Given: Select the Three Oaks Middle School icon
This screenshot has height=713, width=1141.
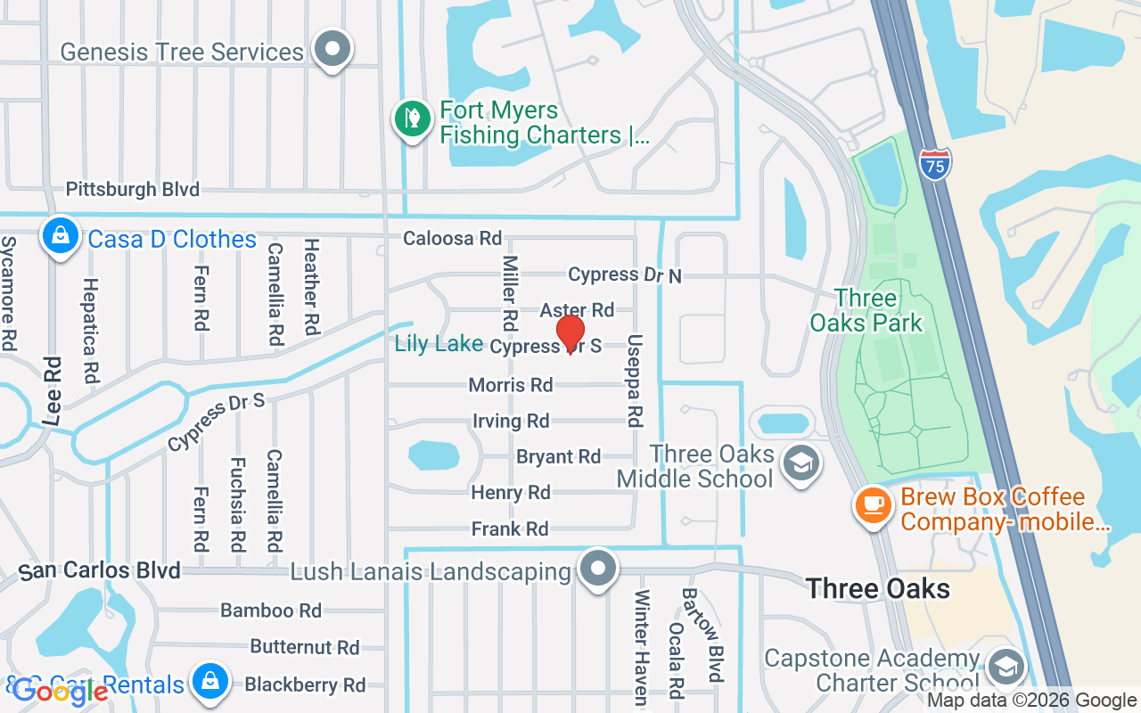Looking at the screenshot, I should tap(800, 463).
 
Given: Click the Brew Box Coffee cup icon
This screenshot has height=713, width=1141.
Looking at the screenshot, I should tap(874, 505).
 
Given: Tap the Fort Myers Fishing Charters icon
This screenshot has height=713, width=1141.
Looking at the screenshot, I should tap(412, 119).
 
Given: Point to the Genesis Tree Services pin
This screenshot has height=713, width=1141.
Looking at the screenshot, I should tap(334, 48).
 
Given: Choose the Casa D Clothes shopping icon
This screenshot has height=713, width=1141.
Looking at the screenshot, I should tap(59, 237).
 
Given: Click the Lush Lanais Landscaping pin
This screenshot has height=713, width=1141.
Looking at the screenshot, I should tap(599, 568).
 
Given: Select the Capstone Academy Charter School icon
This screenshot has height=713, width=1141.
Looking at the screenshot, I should tap(1006, 666).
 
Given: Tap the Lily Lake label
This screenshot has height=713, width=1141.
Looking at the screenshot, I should tap(439, 344).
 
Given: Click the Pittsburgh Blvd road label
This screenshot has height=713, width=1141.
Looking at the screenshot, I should tap(133, 189).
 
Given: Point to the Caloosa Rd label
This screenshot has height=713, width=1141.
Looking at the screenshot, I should tap(453, 238).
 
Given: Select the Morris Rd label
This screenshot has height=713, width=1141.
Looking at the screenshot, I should tap(511, 385).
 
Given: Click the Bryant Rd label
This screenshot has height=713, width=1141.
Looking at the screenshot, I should tap(559, 456).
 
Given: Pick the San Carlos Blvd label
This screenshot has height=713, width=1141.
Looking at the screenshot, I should tap(100, 570).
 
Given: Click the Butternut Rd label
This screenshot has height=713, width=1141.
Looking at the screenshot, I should tap(304, 647).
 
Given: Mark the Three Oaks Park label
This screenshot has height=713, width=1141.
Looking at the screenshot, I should tap(866, 310).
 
